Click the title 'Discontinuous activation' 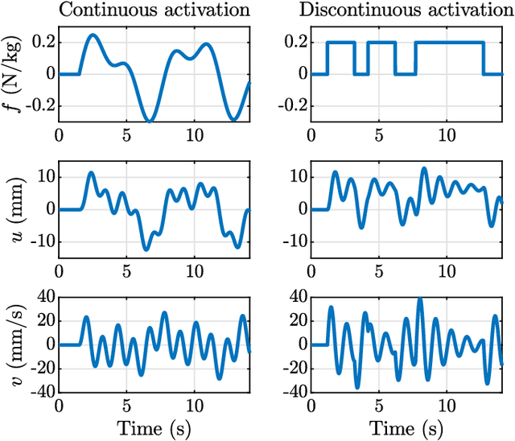(407, 10)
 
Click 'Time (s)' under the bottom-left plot (154, 427)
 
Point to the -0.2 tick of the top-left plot (37, 105)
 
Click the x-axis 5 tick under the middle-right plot (379, 270)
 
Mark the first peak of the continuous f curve (93, 35)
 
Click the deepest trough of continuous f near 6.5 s (148, 121)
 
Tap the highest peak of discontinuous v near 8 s (420, 299)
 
